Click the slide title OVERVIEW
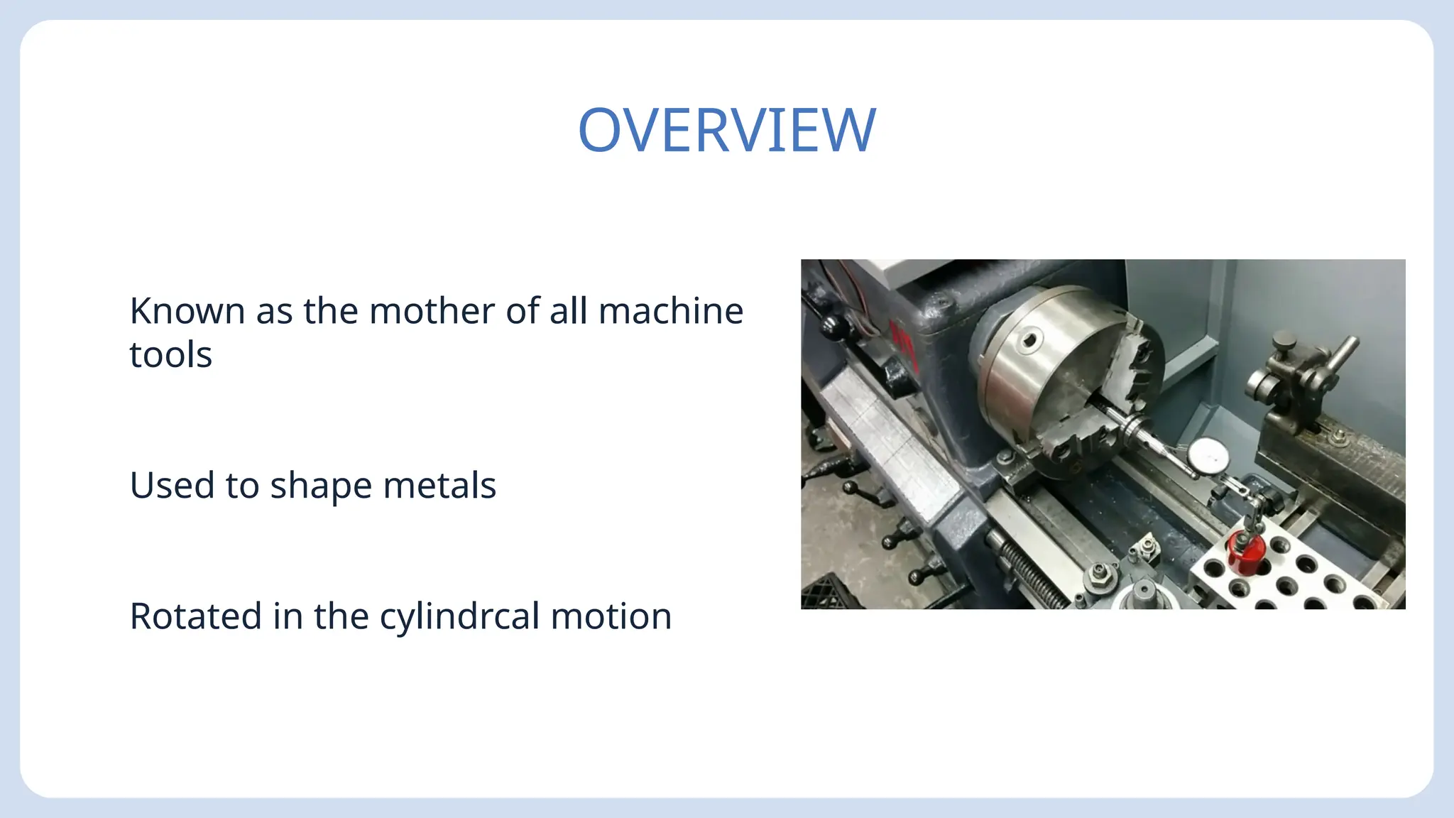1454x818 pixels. pos(727,130)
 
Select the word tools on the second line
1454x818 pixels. pos(171,354)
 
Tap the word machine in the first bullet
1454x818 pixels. pos(671,311)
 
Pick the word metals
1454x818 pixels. pos(439,486)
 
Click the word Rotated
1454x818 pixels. pos(195,616)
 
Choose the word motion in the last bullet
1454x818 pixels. pos(611,616)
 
